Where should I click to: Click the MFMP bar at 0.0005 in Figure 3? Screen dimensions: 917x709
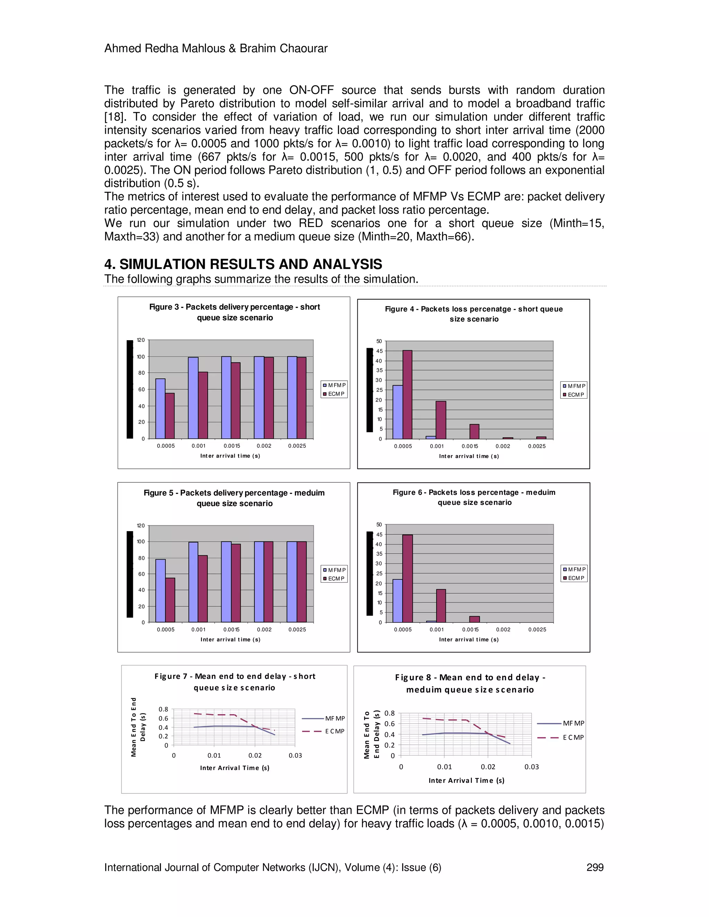[x=160, y=409]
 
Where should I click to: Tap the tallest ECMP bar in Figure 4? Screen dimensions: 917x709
[x=407, y=395]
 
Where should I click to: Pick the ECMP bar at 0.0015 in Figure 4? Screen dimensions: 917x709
[x=474, y=432]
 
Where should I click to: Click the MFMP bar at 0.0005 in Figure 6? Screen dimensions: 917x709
[x=397, y=601]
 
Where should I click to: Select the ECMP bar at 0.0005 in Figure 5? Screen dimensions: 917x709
[x=170, y=600]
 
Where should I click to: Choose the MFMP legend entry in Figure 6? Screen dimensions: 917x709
[x=574, y=569]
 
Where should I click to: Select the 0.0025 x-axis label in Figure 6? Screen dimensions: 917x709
[x=537, y=629]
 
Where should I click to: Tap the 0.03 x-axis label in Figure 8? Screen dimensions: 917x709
[x=531, y=767]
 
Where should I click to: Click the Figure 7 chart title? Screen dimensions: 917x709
[x=234, y=682]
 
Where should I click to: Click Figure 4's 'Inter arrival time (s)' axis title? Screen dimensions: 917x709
[x=469, y=456]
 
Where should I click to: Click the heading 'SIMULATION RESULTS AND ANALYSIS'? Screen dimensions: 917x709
[x=251, y=264]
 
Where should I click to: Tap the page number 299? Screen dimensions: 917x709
[x=595, y=868]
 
